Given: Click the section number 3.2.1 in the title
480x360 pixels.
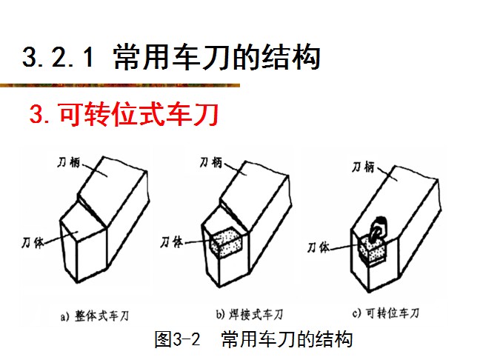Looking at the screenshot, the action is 58,57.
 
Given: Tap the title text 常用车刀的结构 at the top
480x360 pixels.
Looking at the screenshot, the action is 217,57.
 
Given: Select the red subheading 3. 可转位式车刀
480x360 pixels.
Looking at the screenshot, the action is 124,114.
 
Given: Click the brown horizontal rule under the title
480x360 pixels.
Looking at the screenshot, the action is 120,85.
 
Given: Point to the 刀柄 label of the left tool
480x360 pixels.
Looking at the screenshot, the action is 69,162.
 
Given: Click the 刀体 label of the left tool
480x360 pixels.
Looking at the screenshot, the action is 33,243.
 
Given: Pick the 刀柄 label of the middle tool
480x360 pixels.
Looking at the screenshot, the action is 211,162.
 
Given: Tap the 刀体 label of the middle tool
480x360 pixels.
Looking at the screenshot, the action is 172,242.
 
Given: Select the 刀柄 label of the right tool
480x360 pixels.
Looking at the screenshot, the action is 364,167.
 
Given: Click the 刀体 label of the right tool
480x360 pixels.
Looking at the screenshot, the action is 319,247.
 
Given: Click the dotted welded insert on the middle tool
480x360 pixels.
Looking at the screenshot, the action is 226,242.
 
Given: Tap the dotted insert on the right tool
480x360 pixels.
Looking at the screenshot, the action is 373,250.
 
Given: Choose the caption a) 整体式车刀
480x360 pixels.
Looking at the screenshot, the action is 95,316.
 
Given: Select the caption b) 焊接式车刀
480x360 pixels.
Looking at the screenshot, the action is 250,314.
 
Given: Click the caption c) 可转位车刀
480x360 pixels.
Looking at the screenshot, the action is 386,313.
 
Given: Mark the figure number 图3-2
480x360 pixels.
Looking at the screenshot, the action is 177,339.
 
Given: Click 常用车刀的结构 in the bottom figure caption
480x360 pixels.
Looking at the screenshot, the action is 287,339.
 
